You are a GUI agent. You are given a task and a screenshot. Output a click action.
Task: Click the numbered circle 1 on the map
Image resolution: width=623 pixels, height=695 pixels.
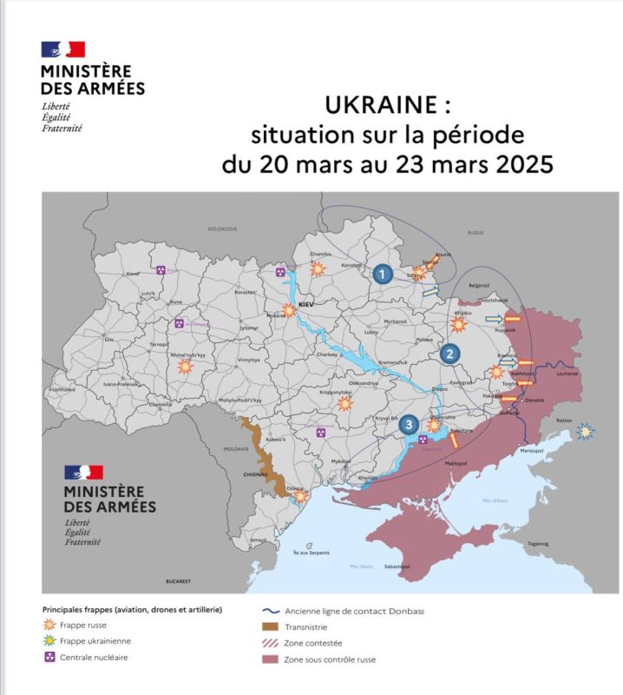[x=381, y=274]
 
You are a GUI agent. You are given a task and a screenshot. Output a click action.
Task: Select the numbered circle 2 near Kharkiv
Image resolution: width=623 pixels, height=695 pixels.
[x=449, y=354]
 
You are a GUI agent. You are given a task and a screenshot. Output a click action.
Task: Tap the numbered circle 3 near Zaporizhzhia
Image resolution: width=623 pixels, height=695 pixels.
[x=410, y=424]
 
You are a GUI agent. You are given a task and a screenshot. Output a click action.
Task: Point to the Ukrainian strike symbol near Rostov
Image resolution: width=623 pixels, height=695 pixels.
[x=587, y=431]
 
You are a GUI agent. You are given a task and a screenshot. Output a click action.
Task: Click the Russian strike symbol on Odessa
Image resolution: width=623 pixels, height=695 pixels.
[x=300, y=497]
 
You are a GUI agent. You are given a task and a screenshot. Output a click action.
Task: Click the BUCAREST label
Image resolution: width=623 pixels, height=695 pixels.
[x=178, y=579]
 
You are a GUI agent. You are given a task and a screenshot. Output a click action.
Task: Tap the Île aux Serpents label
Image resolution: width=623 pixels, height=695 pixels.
[x=311, y=553]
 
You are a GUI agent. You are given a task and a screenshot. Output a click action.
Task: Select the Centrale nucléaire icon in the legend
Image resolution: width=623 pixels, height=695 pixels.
[x=49, y=658]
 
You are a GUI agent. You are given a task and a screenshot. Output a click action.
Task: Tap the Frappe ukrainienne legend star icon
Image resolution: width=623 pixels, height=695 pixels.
[x=49, y=641]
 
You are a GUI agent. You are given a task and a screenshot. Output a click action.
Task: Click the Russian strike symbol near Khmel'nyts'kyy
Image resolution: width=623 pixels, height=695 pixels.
[x=185, y=367]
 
